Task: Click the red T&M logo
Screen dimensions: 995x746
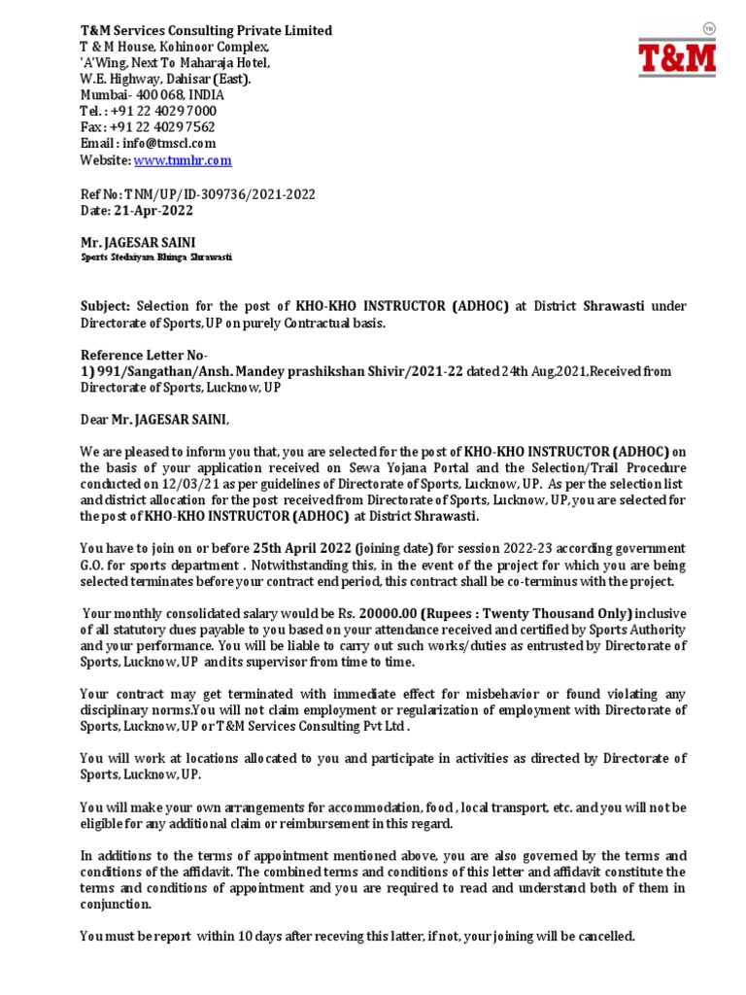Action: tap(676, 56)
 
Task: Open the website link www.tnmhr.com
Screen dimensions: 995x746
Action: tap(183, 160)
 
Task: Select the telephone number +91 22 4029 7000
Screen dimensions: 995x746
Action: tap(169, 111)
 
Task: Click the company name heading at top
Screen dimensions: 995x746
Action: tap(205, 31)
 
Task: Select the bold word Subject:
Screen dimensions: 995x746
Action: tap(106, 306)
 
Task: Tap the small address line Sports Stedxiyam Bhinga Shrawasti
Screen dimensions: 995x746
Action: tap(155, 257)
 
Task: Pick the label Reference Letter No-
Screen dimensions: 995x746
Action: tap(143, 355)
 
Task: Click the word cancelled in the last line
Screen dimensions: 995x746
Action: tap(604, 937)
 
